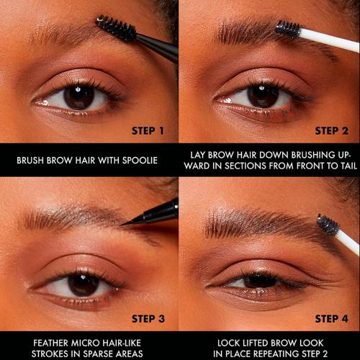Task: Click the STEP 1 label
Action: point(148,131)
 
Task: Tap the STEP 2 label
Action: point(331,131)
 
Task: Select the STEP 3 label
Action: point(148,318)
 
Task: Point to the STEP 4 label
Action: point(331,318)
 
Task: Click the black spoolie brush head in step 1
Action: point(116,28)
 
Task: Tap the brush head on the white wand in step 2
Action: point(287,30)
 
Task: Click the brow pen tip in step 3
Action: point(128,223)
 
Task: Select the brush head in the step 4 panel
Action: point(327,225)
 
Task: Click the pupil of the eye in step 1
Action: point(78,96)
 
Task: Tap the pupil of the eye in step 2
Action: point(261,95)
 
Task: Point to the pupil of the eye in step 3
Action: point(83,283)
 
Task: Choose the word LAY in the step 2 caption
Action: point(200,154)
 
